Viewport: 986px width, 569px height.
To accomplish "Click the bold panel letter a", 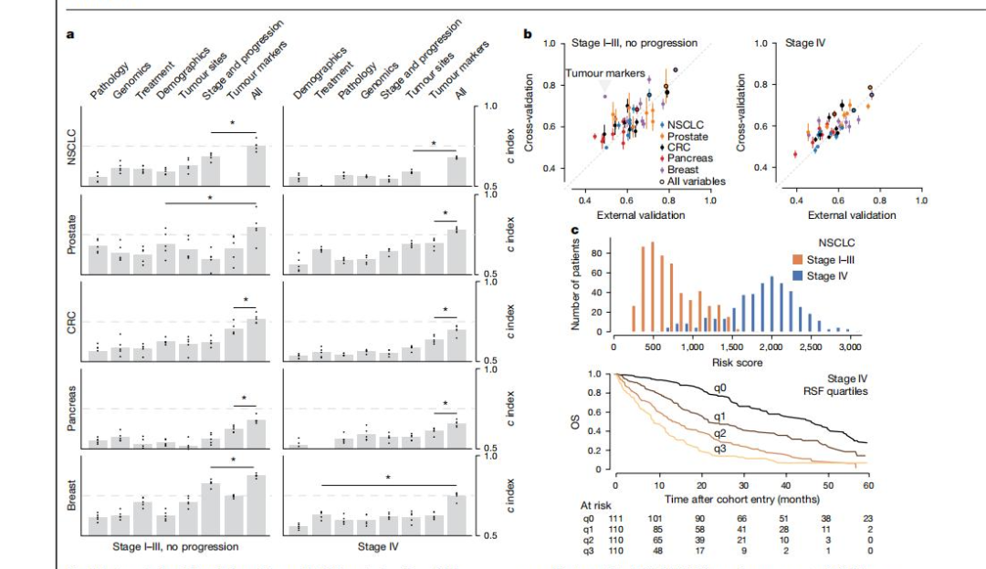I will tap(70, 35).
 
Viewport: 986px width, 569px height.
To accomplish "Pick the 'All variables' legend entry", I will tap(696, 181).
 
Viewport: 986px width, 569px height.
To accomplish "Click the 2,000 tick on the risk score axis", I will tap(771, 347).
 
